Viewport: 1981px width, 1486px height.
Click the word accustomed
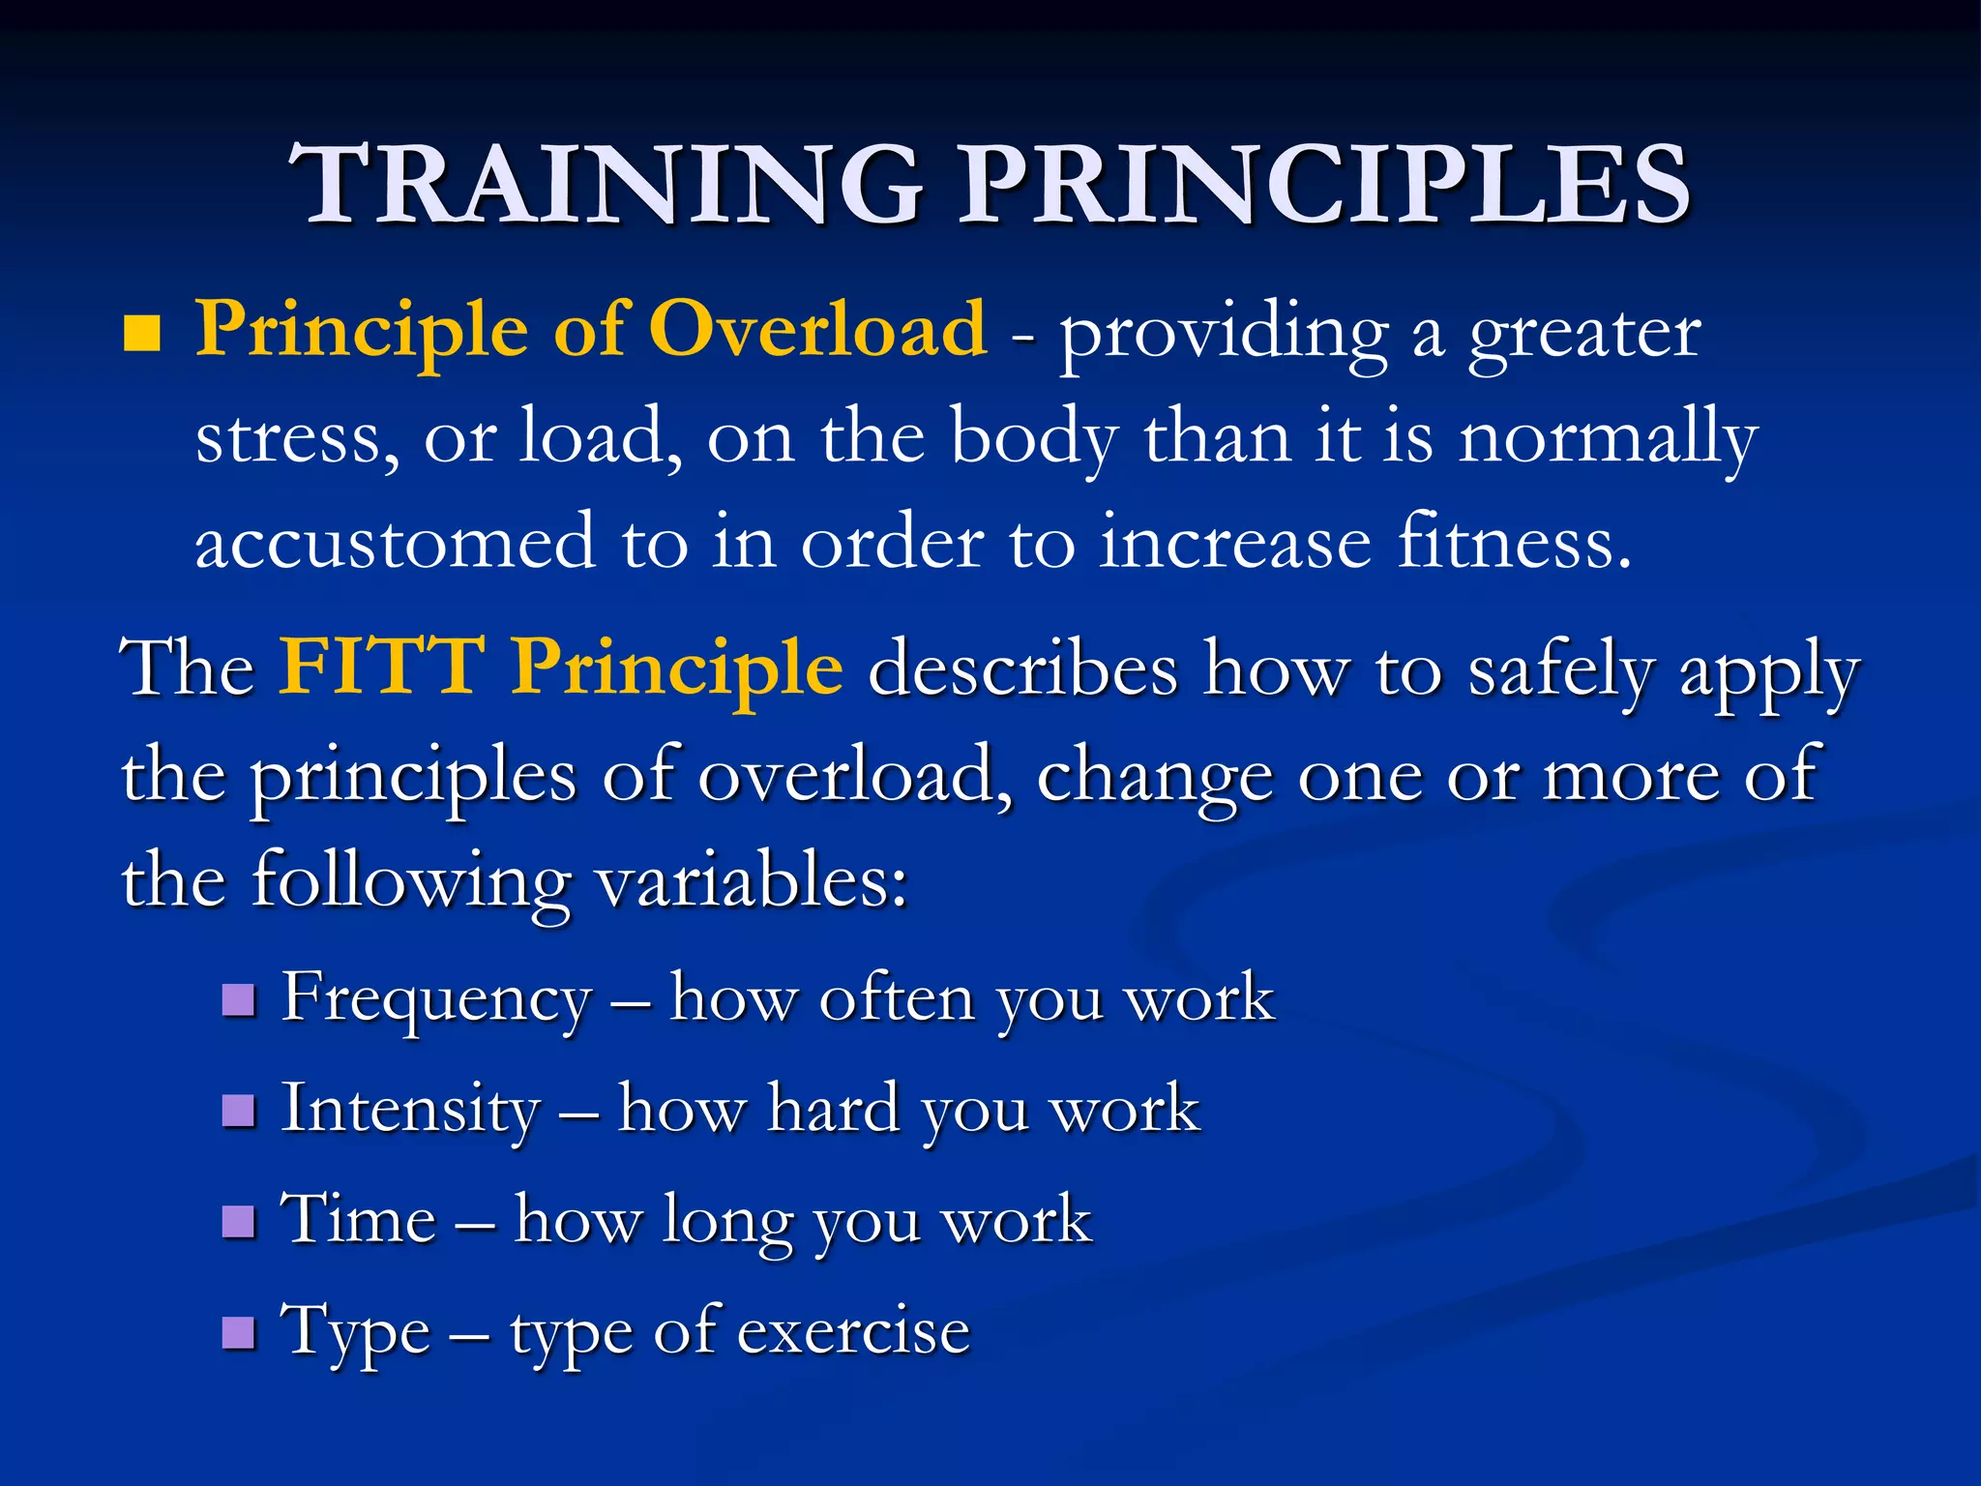395,543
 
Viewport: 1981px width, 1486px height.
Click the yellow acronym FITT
381,668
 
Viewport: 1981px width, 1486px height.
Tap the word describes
1022,669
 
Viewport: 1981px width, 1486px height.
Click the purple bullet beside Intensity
238,1111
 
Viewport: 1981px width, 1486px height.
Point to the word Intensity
410,1111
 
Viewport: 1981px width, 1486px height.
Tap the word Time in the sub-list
358,1219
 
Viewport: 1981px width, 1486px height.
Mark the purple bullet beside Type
238,1332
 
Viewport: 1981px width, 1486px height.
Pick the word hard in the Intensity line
833,1109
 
